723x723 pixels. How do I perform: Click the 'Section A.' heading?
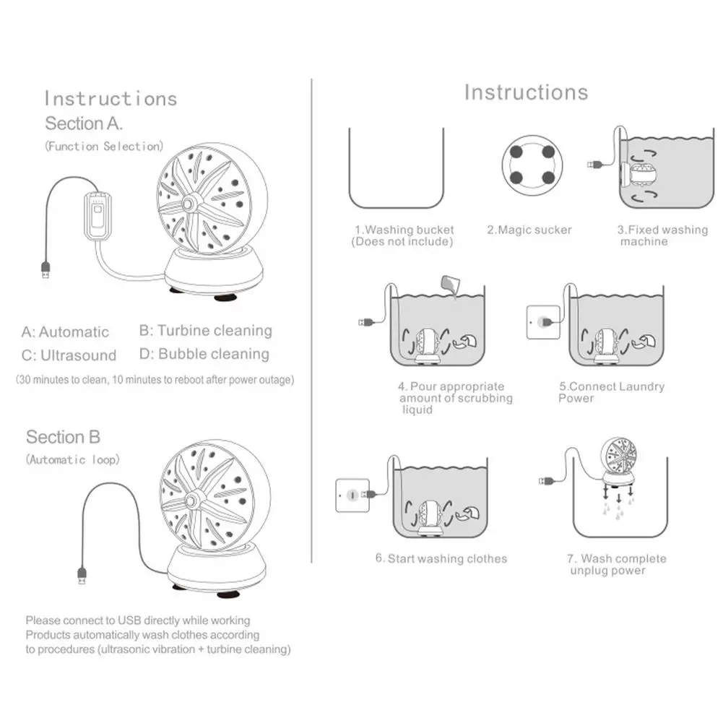point(84,124)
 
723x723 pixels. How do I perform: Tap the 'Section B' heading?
point(63,437)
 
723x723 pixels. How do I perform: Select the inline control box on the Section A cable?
point(98,216)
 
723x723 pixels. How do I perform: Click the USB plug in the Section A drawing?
point(46,269)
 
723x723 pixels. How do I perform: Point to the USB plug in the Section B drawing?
point(82,576)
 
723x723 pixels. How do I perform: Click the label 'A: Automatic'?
point(65,332)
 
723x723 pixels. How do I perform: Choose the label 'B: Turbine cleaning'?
point(206,331)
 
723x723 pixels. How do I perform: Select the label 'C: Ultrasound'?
point(69,355)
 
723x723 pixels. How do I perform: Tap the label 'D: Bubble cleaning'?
point(204,354)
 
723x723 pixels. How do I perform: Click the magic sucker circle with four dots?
point(532,165)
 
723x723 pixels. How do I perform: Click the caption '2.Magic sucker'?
point(529,230)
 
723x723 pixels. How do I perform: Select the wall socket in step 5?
point(543,322)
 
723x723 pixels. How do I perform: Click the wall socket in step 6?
point(352,495)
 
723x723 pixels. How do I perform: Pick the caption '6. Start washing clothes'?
point(441,559)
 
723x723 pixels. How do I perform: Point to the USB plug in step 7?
point(546,481)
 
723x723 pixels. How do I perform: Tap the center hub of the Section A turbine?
point(188,204)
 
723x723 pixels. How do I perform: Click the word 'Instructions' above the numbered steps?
point(526,92)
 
